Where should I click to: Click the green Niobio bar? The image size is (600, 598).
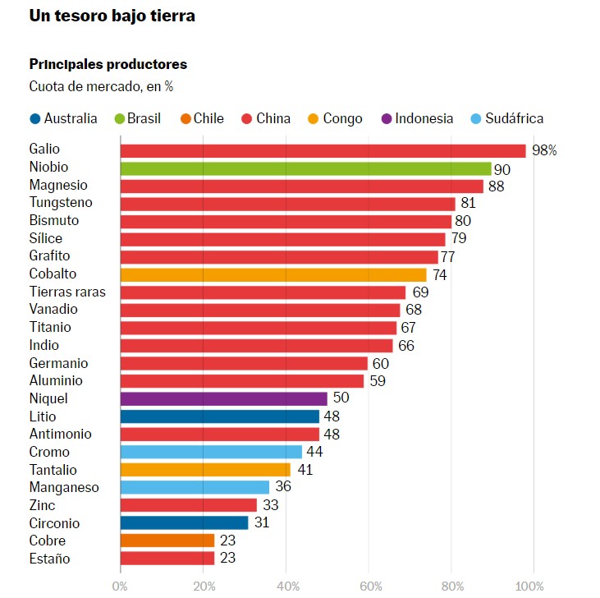305,169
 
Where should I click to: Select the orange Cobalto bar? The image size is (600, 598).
273,275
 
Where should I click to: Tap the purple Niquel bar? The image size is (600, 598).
224,399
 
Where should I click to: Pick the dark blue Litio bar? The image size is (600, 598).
220,416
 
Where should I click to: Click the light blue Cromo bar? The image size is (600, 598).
211,452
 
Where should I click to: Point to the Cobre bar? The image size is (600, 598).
167,540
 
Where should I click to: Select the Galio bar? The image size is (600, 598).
323,151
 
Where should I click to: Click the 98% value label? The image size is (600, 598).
544,150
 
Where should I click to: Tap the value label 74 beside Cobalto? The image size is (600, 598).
440,275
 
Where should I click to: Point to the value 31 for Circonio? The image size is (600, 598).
262,522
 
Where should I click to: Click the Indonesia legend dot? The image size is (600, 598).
387,118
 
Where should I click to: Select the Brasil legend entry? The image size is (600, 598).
138,118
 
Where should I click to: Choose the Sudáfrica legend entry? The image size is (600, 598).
507,118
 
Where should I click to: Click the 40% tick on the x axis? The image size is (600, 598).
288,586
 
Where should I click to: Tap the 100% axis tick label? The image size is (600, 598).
529,586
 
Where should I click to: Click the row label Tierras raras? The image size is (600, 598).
67,292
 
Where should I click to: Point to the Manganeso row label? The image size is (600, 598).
64,487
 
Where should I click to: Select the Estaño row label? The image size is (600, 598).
50,559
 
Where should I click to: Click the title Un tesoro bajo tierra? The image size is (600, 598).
112,16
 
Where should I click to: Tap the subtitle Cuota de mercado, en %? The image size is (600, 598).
102,86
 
